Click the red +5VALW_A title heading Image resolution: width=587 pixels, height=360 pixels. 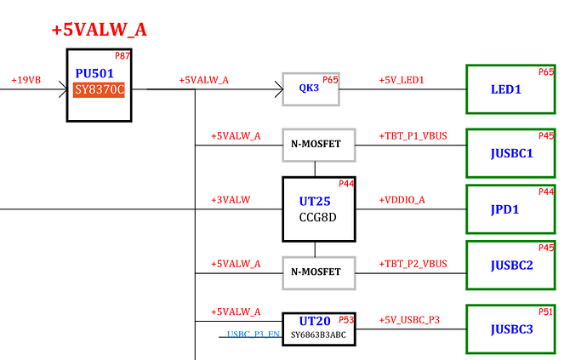click(99, 29)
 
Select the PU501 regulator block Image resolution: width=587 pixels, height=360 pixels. click(100, 84)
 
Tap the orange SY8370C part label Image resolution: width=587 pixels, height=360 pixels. click(99, 89)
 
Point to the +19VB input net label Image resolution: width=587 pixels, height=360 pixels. click(25, 80)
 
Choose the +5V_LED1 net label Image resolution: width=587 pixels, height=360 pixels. click(401, 80)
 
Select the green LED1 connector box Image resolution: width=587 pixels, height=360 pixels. click(511, 89)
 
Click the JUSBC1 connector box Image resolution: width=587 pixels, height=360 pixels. click(511, 153)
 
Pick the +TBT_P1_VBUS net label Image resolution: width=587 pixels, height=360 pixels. click(413, 136)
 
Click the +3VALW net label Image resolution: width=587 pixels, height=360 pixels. click(231, 200)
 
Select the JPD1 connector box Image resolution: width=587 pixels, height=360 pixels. click(511, 209)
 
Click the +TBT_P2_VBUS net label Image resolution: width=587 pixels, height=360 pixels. click(413, 264)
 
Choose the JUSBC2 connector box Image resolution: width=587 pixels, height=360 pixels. click(511, 266)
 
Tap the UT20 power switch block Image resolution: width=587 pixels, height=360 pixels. click(318, 329)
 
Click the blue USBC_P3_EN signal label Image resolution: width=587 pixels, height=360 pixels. click(254, 334)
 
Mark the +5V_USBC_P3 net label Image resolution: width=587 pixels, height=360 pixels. click(409, 319)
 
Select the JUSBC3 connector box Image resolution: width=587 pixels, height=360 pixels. click(511, 329)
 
